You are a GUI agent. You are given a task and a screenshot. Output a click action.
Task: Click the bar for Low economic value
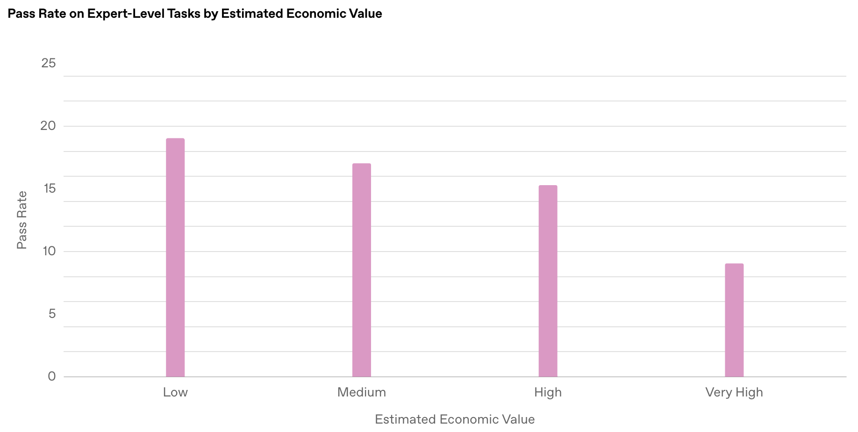point(175,258)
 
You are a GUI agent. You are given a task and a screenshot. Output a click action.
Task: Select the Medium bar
point(361,270)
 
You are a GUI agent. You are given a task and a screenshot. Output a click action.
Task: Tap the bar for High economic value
point(548,281)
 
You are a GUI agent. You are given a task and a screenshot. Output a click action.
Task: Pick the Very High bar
point(734,320)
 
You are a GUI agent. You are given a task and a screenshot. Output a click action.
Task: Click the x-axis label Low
point(175,392)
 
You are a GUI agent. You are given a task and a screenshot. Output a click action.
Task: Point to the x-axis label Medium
point(361,392)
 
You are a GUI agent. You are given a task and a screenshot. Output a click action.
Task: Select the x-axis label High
point(548,392)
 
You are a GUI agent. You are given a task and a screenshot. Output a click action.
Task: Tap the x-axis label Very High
point(734,392)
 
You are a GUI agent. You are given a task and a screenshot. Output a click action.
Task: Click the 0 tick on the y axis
point(51,376)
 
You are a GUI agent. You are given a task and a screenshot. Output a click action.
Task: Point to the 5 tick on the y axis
point(51,314)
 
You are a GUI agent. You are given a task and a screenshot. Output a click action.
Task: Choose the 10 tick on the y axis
point(49,251)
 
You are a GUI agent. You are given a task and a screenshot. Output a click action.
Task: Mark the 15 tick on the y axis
point(49,188)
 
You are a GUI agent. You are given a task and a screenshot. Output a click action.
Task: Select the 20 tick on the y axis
point(49,126)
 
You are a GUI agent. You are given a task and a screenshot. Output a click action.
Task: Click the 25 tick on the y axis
point(49,63)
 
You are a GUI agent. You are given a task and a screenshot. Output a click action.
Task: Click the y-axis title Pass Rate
point(22,220)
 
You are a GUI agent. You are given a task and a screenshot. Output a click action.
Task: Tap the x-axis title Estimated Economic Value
point(455,419)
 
